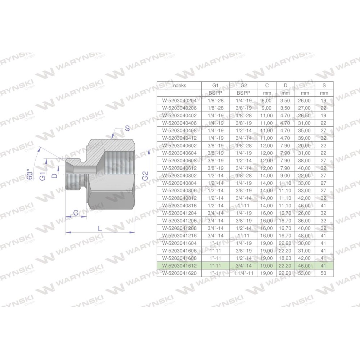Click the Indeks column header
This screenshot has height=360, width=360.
point(179,85)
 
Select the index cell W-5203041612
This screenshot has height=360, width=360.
point(179,266)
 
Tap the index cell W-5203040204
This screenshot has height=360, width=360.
point(179,100)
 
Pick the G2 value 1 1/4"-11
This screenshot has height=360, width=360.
point(244,273)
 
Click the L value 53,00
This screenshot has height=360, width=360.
point(305,273)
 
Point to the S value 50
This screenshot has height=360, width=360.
point(324,273)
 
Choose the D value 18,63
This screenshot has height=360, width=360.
point(285,258)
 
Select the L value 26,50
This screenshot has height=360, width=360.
point(305,116)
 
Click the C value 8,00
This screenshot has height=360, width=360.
point(266,100)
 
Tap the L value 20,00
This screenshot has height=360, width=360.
point(305,145)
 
